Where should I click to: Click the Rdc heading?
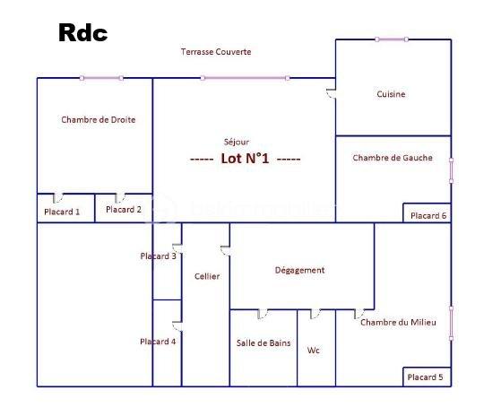click(83, 33)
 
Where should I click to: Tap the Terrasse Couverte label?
click(216, 52)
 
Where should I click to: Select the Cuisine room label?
click(391, 94)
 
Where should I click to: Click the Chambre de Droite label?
click(99, 119)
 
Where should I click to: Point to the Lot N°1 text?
click(245, 159)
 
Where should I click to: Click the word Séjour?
click(237, 142)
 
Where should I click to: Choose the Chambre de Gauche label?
click(393, 158)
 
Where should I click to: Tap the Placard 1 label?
click(62, 212)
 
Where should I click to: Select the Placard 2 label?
click(124, 210)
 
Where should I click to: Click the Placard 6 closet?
click(428, 212)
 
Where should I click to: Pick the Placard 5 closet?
click(428, 377)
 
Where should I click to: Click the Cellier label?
click(207, 276)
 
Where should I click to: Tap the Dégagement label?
click(299, 270)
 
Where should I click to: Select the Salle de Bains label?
click(264, 342)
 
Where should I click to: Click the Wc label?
click(313, 351)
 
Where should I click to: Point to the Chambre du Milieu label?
click(398, 323)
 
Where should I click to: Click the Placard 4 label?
click(158, 342)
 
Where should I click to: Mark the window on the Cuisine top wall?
click(392, 39)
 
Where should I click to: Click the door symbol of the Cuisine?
click(332, 93)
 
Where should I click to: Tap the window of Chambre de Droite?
click(101, 78)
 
